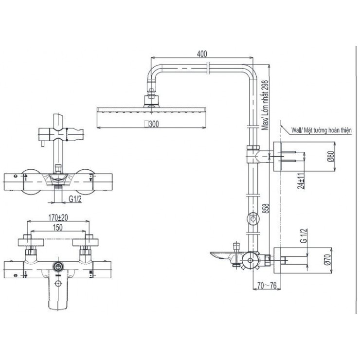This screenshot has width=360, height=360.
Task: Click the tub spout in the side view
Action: pos(222,254)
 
